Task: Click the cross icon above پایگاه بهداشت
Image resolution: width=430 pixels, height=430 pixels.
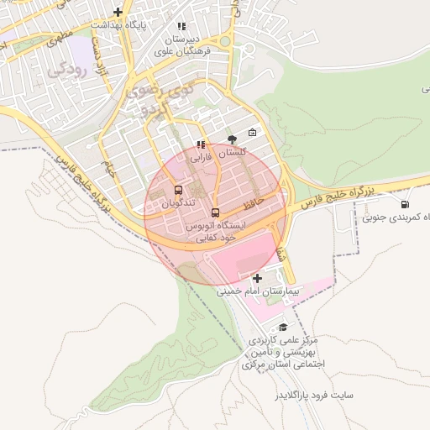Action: click(118, 12)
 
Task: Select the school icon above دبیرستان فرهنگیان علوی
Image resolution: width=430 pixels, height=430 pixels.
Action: click(181, 26)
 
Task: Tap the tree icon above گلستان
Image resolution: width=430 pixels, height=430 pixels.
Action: click(232, 139)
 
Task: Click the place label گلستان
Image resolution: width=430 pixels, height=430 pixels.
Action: click(232, 153)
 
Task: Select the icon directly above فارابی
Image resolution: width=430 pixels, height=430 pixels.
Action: click(200, 144)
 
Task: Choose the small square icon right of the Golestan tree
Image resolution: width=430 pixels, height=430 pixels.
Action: click(253, 133)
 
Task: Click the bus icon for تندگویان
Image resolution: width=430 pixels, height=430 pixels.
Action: click(178, 190)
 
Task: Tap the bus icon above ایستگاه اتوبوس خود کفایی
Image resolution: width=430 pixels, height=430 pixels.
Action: click(215, 212)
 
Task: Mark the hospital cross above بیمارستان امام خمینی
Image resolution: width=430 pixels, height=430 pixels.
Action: click(256, 278)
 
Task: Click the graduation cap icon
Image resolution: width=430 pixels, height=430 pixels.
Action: click(282, 327)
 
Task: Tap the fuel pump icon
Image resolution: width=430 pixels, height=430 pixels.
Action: click(406, 204)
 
